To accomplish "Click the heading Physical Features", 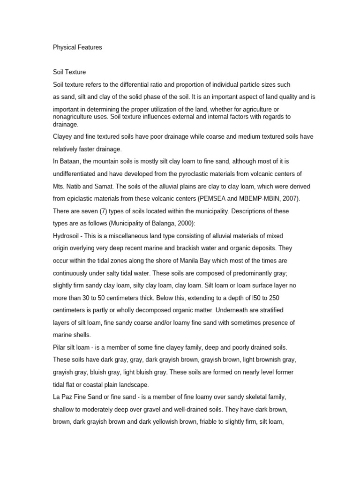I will tap(77, 47).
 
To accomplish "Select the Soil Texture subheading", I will tap(69, 72).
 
